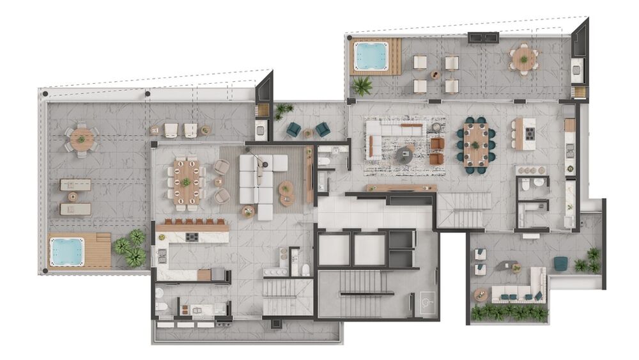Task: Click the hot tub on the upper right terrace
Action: (371, 56)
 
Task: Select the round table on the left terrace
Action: (82, 138)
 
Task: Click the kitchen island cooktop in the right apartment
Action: (529, 133)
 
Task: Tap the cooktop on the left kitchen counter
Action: (192, 237)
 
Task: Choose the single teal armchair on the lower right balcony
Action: (560, 263)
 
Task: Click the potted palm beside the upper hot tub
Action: (362, 85)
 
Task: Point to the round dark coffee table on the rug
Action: (404, 153)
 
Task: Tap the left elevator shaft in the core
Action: (334, 249)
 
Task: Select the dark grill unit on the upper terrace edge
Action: (483, 37)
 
